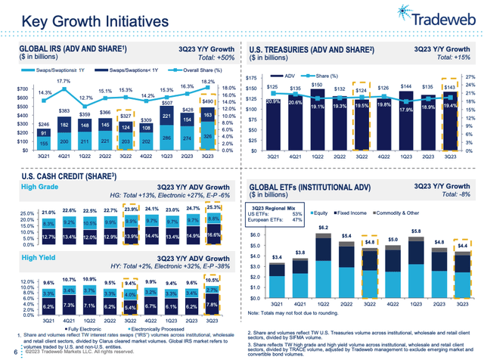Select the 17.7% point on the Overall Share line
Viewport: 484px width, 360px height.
click(x=63, y=81)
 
